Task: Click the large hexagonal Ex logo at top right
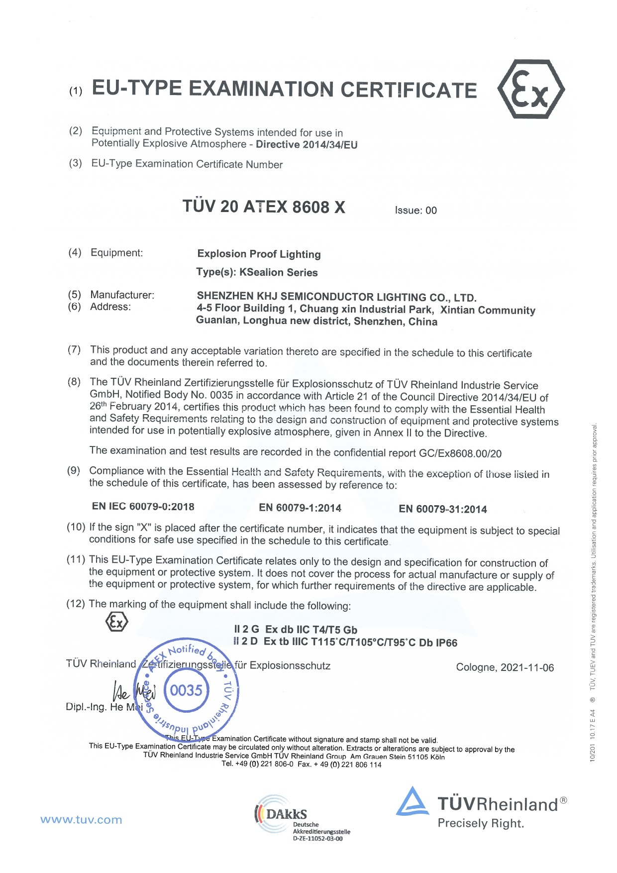tap(531, 89)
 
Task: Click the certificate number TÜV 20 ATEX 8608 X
tap(264, 207)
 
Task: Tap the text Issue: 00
tap(415, 211)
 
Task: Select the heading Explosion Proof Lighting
tap(259, 254)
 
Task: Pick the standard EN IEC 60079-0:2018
tap(143, 507)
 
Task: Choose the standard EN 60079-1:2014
tap(300, 508)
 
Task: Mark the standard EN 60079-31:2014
tap(442, 509)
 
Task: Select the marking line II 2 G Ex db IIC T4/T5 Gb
tap(296, 630)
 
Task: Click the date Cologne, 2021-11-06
tap(505, 667)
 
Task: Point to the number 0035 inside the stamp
tap(186, 690)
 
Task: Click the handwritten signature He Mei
tap(133, 691)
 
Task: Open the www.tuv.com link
tap(81, 820)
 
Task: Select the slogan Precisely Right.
tap(481, 823)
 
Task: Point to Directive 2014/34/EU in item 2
tap(307, 145)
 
